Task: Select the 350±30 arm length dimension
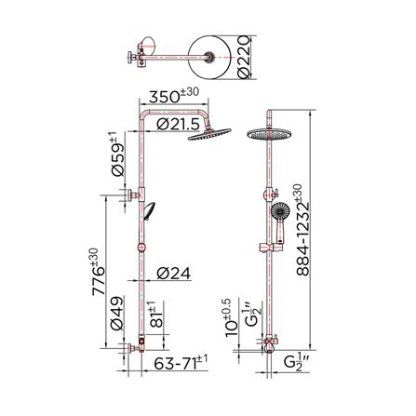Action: (174, 95)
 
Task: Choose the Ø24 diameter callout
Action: (173, 274)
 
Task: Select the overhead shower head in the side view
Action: (210, 136)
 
